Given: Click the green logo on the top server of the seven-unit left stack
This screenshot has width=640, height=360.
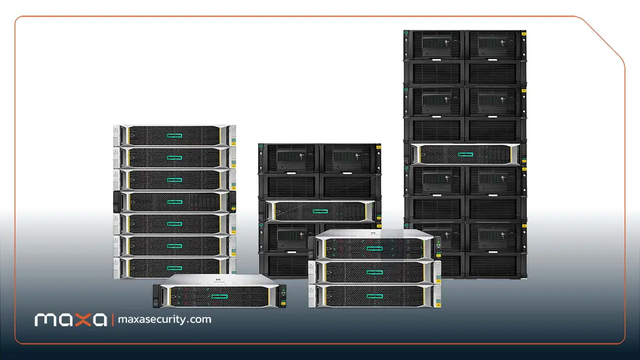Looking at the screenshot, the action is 174,135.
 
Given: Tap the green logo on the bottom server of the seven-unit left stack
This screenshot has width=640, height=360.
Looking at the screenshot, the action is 174,268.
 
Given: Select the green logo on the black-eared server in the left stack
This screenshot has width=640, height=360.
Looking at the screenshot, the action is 174,202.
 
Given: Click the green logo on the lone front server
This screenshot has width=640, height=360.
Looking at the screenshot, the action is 219,297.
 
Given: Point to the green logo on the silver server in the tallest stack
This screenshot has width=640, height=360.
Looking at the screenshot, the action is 465,155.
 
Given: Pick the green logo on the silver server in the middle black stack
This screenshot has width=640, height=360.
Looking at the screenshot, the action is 320,211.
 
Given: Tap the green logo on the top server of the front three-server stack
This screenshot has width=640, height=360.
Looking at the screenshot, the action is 374,249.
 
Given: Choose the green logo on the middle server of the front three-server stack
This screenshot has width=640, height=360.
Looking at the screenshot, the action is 374,272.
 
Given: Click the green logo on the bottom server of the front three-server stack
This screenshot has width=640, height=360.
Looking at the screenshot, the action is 374,296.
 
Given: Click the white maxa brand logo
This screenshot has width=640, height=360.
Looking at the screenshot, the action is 70,319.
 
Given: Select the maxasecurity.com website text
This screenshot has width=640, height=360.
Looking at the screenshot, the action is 165,319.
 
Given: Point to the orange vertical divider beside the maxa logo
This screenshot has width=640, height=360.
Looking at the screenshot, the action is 113,319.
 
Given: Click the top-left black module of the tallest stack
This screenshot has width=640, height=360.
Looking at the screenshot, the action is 434,45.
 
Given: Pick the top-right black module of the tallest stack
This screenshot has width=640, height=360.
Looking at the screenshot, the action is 495,45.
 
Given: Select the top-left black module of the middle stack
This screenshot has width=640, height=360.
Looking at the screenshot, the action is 289,158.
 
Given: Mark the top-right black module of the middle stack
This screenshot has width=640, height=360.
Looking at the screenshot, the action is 350,158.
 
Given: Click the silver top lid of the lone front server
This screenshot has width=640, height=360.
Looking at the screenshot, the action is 219,280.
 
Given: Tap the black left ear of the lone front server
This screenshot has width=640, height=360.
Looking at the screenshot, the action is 157,296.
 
